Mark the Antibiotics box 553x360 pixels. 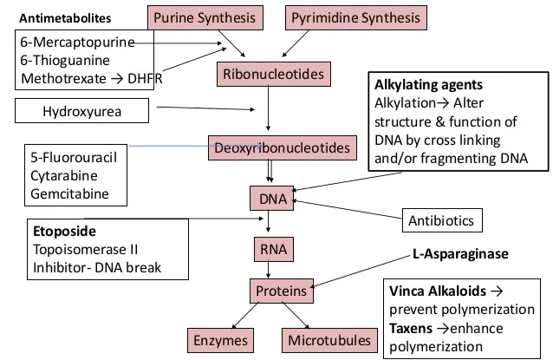click(x=441, y=220)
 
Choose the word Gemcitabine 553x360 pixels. click(x=69, y=193)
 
